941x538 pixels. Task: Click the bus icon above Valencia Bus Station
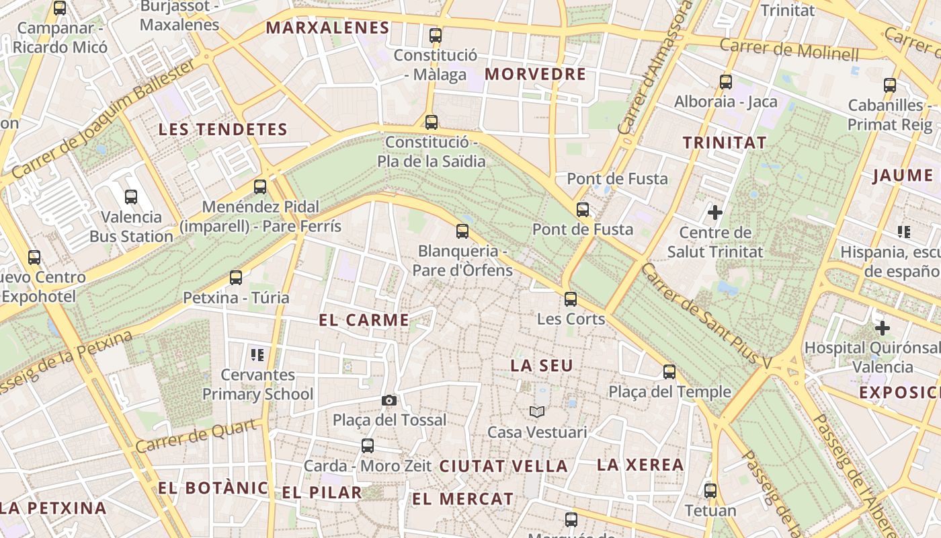[131, 197]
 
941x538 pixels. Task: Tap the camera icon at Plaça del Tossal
[388, 401]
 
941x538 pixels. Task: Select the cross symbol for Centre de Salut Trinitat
[715, 213]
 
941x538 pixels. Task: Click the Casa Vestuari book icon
[536, 412]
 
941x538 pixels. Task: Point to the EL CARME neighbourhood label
[364, 320]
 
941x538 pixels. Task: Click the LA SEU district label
[542, 366]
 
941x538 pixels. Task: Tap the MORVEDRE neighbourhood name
[536, 74]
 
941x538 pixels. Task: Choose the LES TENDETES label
[222, 130]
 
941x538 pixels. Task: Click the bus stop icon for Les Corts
[571, 299]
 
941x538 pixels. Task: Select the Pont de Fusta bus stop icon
[583, 210]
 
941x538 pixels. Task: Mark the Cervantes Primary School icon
[257, 354]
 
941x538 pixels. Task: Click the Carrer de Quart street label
[197, 436]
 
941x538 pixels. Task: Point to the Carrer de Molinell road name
[789, 49]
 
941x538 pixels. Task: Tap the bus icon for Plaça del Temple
[669, 372]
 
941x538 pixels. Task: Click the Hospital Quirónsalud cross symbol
[883, 328]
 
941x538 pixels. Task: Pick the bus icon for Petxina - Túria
[236, 278]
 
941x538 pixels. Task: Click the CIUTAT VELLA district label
[503, 466]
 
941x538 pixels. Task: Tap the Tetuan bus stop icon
[710, 491]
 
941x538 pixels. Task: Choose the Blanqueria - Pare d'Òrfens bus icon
[462, 231]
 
